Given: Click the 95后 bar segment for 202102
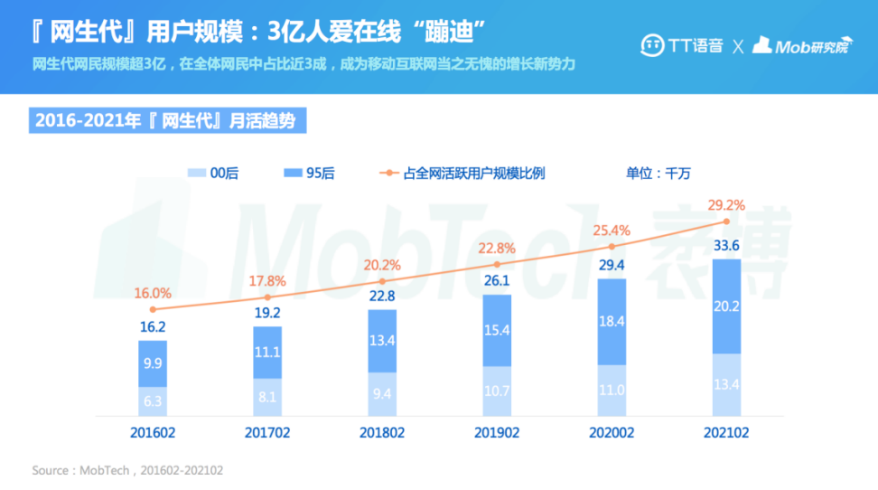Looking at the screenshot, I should [726, 306].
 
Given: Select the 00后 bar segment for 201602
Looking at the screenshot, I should [153, 399].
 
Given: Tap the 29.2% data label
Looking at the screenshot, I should [726, 205].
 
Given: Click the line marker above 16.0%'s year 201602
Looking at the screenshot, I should [153, 309].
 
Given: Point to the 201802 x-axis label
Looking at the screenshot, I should [382, 433].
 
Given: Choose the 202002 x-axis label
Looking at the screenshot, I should [612, 433].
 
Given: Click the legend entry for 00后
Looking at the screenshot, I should [212, 173].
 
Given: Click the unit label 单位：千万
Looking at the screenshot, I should [658, 173].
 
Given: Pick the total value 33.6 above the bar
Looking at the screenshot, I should [726, 245].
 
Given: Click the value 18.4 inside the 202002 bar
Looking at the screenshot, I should [612, 321].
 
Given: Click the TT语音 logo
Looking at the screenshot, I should [682, 46].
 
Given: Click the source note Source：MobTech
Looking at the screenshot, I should [127, 470].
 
